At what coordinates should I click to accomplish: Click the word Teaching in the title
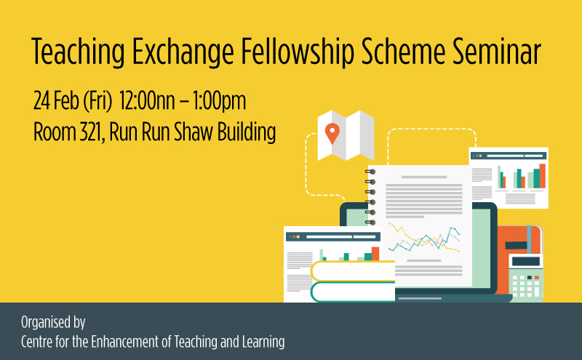pyautogui.click(x=79, y=52)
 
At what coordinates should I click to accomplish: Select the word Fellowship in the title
pyautogui.click(x=298, y=52)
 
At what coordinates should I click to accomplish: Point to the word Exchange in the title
pyautogui.click(x=183, y=52)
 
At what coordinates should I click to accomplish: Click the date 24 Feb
pyautogui.click(x=56, y=100)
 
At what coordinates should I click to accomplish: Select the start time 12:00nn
pyautogui.click(x=147, y=100)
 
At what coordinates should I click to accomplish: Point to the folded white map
pyautogui.click(x=346, y=135)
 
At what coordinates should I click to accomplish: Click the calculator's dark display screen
pyautogui.click(x=525, y=261)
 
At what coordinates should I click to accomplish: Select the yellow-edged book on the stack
pyautogui.click(x=353, y=271)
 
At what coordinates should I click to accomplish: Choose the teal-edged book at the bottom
pyautogui.click(x=353, y=292)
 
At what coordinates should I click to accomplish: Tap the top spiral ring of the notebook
pyautogui.click(x=370, y=172)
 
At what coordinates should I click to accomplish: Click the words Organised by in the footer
pyautogui.click(x=53, y=322)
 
